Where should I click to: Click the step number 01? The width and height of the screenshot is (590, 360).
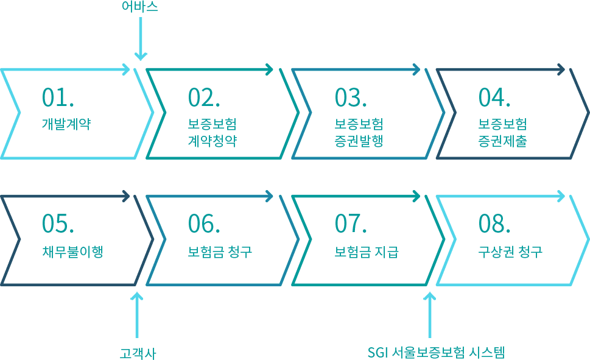click(x=58, y=97)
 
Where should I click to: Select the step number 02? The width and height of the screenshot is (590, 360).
click(x=204, y=97)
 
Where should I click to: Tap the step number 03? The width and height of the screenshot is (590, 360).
click(x=351, y=97)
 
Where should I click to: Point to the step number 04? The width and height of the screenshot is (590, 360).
click(x=494, y=97)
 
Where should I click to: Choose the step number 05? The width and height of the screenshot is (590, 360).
click(x=58, y=224)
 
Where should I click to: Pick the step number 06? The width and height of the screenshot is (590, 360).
click(x=204, y=224)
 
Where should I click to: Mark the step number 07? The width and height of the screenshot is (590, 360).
click(x=351, y=224)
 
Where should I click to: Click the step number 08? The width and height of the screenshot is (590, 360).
click(x=494, y=224)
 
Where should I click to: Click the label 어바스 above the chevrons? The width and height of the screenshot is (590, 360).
click(x=139, y=7)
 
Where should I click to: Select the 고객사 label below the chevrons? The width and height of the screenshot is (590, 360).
click(x=138, y=353)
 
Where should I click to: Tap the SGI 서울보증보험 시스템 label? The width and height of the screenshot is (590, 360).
click(x=436, y=353)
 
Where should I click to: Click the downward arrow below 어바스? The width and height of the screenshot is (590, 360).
click(x=141, y=39)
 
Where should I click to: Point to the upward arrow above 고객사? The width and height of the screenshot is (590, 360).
click(x=137, y=316)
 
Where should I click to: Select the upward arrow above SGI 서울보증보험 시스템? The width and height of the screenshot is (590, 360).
click(x=430, y=316)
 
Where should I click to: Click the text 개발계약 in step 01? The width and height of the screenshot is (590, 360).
click(x=66, y=124)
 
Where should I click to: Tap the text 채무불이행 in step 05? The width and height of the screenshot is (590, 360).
click(x=72, y=251)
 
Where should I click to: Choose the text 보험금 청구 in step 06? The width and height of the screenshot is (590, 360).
click(x=220, y=251)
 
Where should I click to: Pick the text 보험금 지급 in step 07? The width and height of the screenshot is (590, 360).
click(x=367, y=251)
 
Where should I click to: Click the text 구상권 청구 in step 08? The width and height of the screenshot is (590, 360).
click(x=510, y=251)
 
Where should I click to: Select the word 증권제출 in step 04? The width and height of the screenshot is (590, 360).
click(x=503, y=141)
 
